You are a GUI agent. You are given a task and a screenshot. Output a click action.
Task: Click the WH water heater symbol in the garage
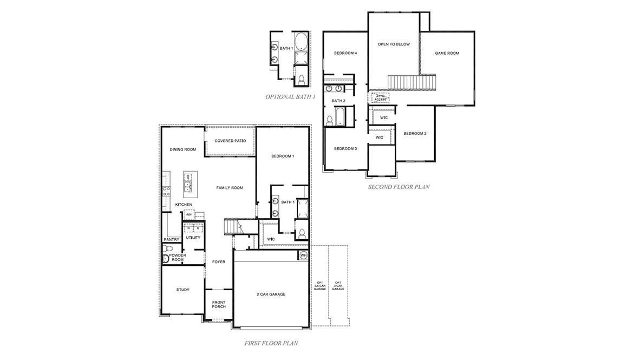click(303, 255)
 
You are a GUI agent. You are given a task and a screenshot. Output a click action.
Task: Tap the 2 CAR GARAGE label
click(271, 294)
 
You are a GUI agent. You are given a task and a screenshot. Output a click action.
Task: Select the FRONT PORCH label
click(219, 304)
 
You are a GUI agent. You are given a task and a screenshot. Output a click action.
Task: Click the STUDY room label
click(182, 290)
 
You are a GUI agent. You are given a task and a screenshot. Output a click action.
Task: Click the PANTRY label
click(172, 240)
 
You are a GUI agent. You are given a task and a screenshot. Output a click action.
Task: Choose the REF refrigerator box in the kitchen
click(189, 215)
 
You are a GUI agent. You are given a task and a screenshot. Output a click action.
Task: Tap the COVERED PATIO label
click(230, 141)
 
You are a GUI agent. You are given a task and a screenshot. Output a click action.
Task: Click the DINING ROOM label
click(182, 150)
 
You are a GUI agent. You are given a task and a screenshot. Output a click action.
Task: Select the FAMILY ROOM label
click(230, 188)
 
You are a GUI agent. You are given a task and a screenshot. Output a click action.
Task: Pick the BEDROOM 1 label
click(283, 156)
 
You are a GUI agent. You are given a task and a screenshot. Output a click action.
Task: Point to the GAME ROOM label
click(447, 53)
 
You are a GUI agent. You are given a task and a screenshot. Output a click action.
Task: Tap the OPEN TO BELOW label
click(394, 44)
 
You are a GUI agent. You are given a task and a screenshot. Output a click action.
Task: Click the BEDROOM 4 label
click(345, 53)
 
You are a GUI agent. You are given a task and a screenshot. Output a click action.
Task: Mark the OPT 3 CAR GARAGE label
click(338, 286)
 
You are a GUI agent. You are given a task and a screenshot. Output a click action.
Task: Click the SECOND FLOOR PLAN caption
click(399, 187)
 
